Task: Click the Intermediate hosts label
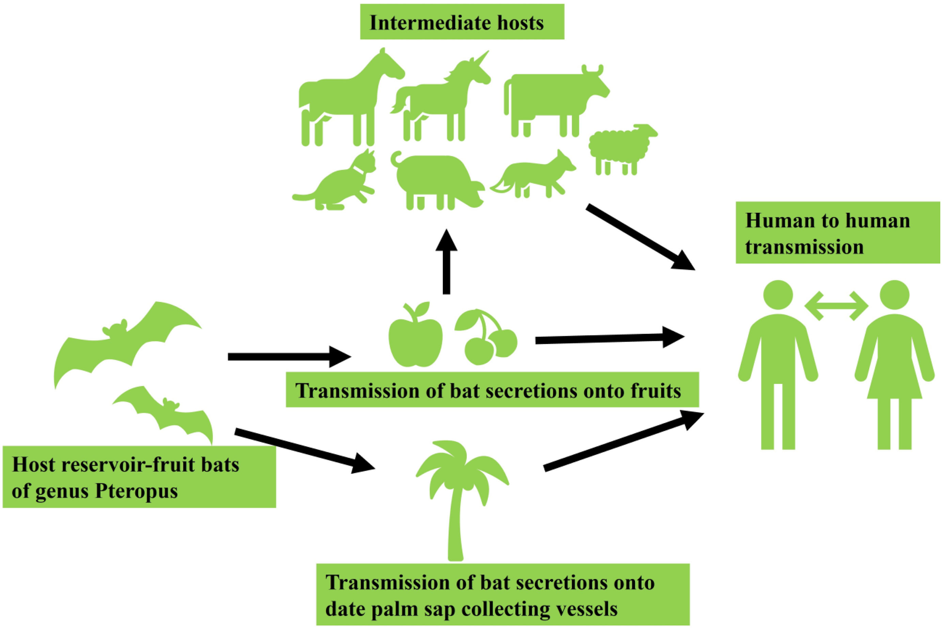[x=461, y=23]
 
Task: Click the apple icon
[x=416, y=340]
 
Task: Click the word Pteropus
[x=136, y=491]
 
